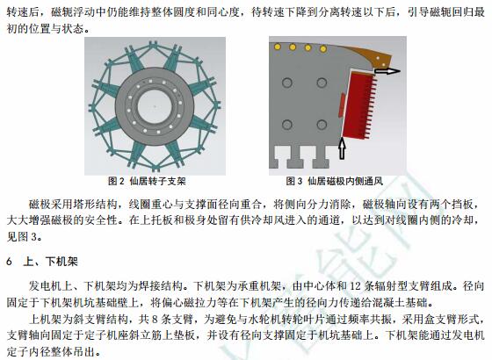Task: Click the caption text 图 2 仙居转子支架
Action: coord(147,181)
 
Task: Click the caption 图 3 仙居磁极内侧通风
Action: coord(334,181)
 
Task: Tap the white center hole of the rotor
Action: coord(155,106)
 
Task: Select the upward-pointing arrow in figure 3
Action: coord(343,148)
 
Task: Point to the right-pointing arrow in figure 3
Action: coord(387,71)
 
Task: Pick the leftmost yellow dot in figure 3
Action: coord(278,47)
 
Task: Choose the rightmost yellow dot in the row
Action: coord(323,49)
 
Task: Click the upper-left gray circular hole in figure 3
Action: coord(287,83)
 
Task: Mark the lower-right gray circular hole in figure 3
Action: coord(322,125)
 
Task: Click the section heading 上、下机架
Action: coord(51,262)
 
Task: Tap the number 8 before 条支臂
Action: coord(155,320)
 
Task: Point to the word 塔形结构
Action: coord(101,205)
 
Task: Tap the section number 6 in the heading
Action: coord(10,262)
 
